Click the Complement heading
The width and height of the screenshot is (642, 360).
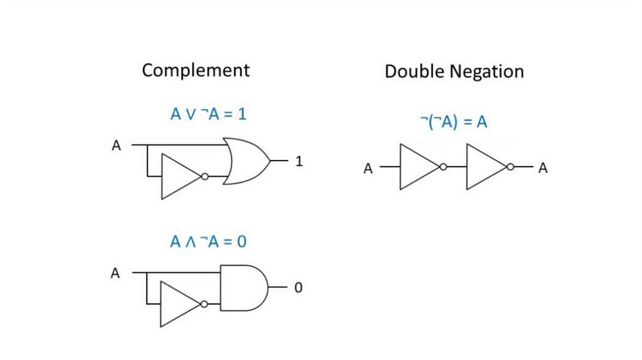(x=196, y=70)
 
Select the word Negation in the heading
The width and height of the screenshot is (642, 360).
(x=487, y=72)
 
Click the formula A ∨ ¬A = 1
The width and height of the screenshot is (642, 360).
(x=208, y=114)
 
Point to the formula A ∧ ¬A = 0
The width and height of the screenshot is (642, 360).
(x=208, y=241)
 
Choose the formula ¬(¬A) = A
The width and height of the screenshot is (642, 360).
(x=454, y=122)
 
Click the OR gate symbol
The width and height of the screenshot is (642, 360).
(x=246, y=161)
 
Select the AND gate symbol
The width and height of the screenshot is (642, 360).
(x=245, y=287)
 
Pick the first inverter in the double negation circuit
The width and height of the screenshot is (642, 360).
(x=423, y=167)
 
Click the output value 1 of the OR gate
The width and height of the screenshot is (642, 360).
(x=299, y=161)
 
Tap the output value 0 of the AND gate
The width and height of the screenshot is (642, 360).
(x=298, y=287)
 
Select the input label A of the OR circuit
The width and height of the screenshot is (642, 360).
(x=116, y=146)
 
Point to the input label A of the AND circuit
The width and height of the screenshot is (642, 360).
(x=115, y=273)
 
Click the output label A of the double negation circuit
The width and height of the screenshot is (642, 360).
(x=543, y=168)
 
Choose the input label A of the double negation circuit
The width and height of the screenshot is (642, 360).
(x=368, y=168)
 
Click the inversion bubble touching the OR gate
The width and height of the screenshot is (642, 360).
(x=205, y=176)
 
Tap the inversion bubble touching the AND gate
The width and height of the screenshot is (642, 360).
(x=204, y=304)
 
